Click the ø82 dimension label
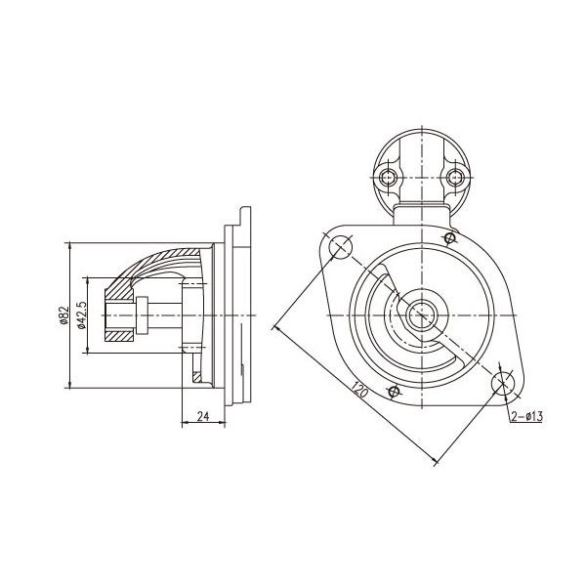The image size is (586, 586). click(64, 314)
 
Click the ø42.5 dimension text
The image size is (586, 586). click(82, 315)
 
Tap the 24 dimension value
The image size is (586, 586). click(203, 416)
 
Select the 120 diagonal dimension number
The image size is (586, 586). click(359, 390)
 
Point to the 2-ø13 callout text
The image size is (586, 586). click(527, 416)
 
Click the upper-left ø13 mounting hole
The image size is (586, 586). click(341, 247)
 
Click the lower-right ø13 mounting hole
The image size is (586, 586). click(503, 384)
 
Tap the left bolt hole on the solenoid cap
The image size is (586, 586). click(388, 177)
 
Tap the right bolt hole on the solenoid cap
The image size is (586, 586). click(455, 177)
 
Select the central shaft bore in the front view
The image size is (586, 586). click(422, 315)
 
